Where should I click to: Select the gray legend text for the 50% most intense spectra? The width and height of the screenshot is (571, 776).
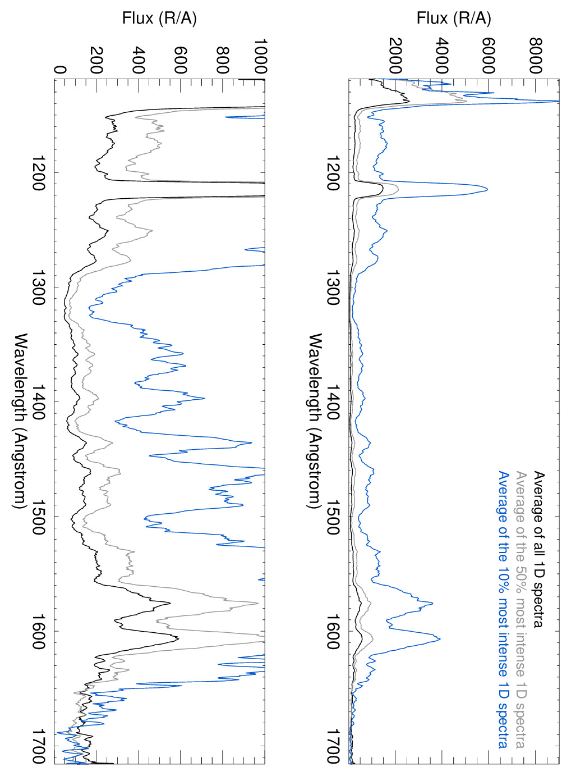pos(521,609)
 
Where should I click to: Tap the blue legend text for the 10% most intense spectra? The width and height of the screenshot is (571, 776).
pos(504,609)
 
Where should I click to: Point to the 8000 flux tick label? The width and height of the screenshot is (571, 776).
pos(536,56)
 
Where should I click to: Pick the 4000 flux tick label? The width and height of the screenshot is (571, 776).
pos(442,56)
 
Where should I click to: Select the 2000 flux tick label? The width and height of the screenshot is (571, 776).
pos(395,56)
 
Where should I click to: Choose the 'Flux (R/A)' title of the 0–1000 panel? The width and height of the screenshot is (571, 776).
pos(159,19)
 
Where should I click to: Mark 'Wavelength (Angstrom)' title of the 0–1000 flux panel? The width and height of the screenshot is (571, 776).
pos(21,421)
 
